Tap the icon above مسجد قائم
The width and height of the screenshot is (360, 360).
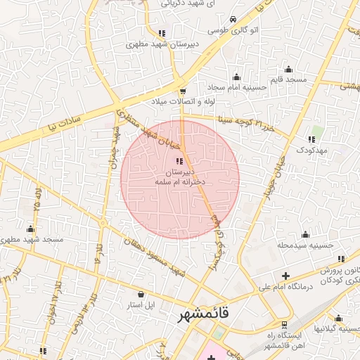click(288, 69)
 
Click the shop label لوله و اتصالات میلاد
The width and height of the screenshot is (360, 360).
click(181, 103)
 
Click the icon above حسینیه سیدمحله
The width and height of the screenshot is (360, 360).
click(304, 234)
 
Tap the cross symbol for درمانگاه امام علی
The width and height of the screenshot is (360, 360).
click(285, 275)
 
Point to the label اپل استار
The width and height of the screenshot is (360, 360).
click(141, 305)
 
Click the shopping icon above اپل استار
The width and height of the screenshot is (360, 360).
click(141, 294)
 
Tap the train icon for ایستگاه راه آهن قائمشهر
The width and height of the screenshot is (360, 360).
click(284, 326)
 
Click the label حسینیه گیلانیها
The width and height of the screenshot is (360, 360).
click(340, 329)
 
